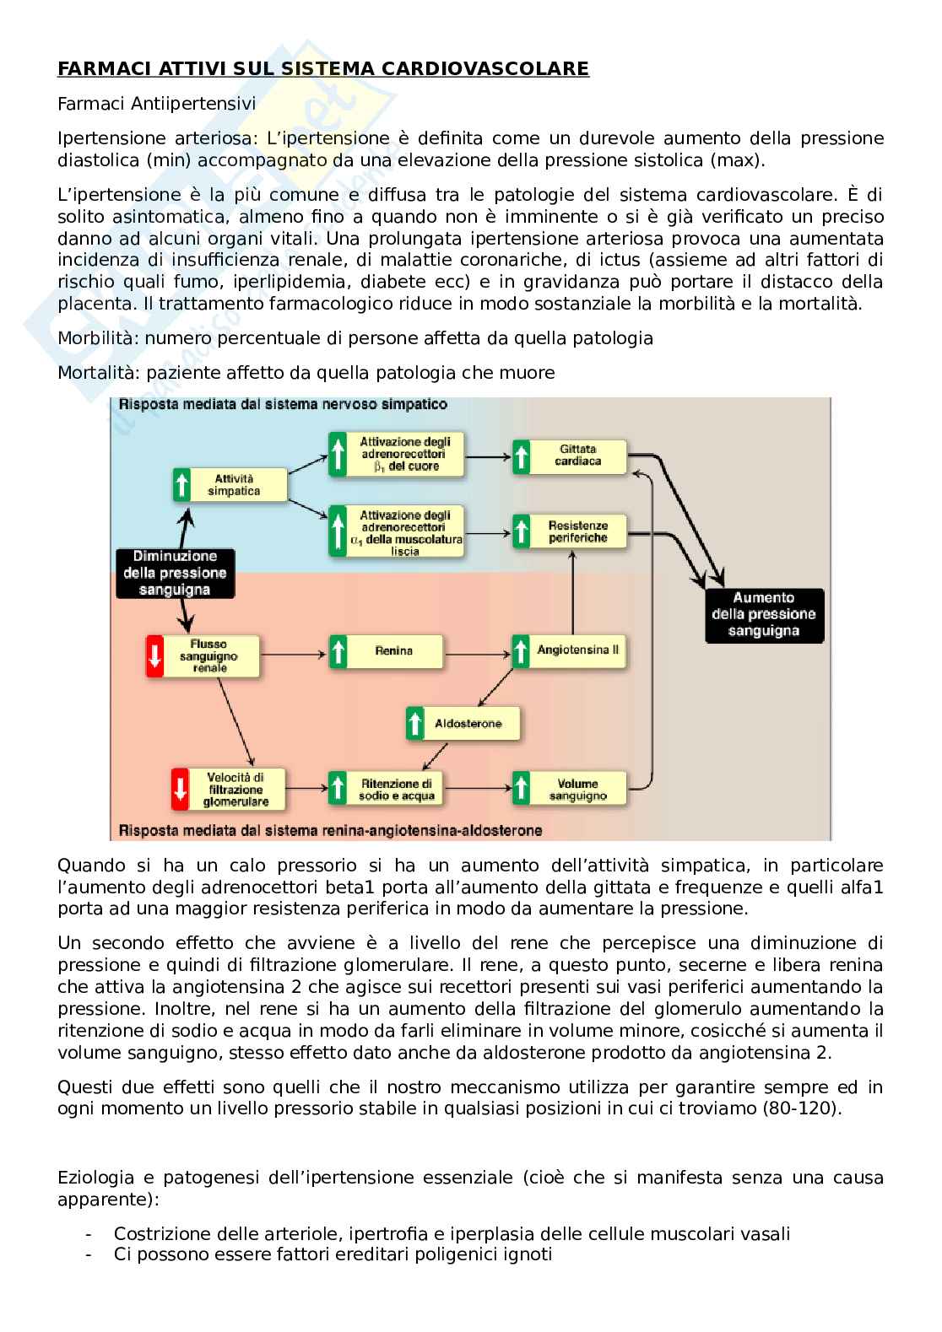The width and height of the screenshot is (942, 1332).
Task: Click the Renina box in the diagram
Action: point(393,651)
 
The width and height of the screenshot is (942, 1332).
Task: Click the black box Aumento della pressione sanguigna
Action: point(763,615)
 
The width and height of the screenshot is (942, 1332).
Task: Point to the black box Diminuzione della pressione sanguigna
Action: point(175,574)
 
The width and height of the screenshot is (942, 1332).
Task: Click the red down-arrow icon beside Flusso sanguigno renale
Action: point(155,655)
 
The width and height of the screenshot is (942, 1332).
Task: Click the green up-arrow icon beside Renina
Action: point(338,651)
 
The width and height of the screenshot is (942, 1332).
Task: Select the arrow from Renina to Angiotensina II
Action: point(477,651)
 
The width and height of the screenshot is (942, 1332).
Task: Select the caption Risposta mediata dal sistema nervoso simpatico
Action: point(284,404)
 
